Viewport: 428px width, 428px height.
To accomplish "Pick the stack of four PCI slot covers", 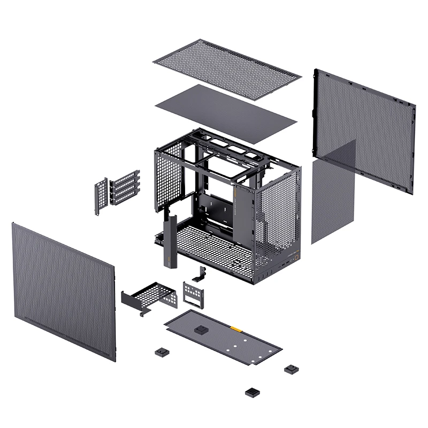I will tap(125, 187).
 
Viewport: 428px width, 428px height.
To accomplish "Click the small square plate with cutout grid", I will tap(192, 294).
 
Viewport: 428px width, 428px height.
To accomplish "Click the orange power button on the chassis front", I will tap(295, 255).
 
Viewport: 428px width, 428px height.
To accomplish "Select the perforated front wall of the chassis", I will tap(278, 214).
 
